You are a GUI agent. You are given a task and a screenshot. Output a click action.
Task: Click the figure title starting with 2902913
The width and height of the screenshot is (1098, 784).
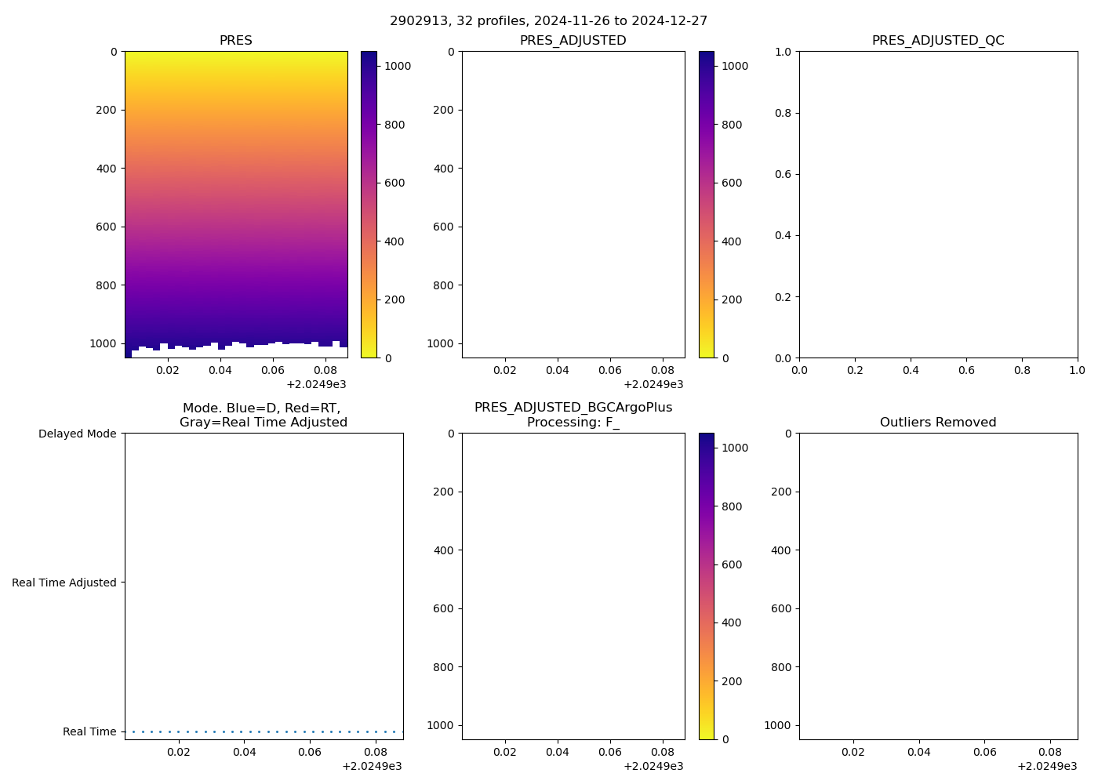(x=548, y=21)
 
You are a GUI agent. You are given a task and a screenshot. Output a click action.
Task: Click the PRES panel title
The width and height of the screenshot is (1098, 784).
(x=235, y=41)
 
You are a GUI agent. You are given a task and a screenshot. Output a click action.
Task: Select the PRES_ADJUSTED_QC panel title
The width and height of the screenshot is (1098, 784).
(x=938, y=41)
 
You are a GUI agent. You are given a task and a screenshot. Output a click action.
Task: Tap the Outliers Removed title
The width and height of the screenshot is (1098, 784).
(x=938, y=423)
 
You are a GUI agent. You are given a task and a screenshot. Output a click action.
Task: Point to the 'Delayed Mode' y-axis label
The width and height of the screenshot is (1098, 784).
(x=77, y=434)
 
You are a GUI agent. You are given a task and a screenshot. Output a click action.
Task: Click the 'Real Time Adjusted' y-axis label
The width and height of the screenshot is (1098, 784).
(x=64, y=583)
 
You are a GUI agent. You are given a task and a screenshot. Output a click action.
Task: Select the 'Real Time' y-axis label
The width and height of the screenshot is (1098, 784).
(x=89, y=731)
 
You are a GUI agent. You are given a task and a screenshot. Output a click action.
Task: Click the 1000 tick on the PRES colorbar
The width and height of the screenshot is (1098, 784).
(x=398, y=67)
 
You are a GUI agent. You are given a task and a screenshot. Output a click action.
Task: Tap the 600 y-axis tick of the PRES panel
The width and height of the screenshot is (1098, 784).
(x=107, y=227)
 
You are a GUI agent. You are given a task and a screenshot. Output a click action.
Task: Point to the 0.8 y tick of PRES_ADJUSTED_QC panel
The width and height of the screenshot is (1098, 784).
(x=784, y=113)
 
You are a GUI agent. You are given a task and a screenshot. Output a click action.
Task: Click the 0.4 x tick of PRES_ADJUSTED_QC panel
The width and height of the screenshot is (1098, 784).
(x=911, y=370)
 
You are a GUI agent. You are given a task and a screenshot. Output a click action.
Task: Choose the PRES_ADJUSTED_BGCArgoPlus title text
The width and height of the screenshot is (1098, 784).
(x=573, y=408)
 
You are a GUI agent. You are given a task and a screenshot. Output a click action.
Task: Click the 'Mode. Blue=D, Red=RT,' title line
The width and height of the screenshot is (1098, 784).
(x=261, y=408)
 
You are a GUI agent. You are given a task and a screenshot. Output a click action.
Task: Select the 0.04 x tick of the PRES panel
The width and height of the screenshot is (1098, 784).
(x=220, y=370)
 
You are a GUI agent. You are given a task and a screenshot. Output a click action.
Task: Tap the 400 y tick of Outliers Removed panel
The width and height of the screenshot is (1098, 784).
(x=781, y=550)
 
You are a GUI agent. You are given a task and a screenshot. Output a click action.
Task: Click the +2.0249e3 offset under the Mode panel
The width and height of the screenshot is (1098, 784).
(x=372, y=766)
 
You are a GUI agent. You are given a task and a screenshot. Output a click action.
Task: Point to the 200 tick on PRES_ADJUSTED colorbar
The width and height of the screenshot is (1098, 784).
(x=731, y=299)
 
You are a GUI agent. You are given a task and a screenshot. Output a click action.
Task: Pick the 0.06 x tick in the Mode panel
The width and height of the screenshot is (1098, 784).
(x=310, y=752)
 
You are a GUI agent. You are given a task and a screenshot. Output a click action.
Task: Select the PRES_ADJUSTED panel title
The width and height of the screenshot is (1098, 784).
(x=573, y=41)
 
